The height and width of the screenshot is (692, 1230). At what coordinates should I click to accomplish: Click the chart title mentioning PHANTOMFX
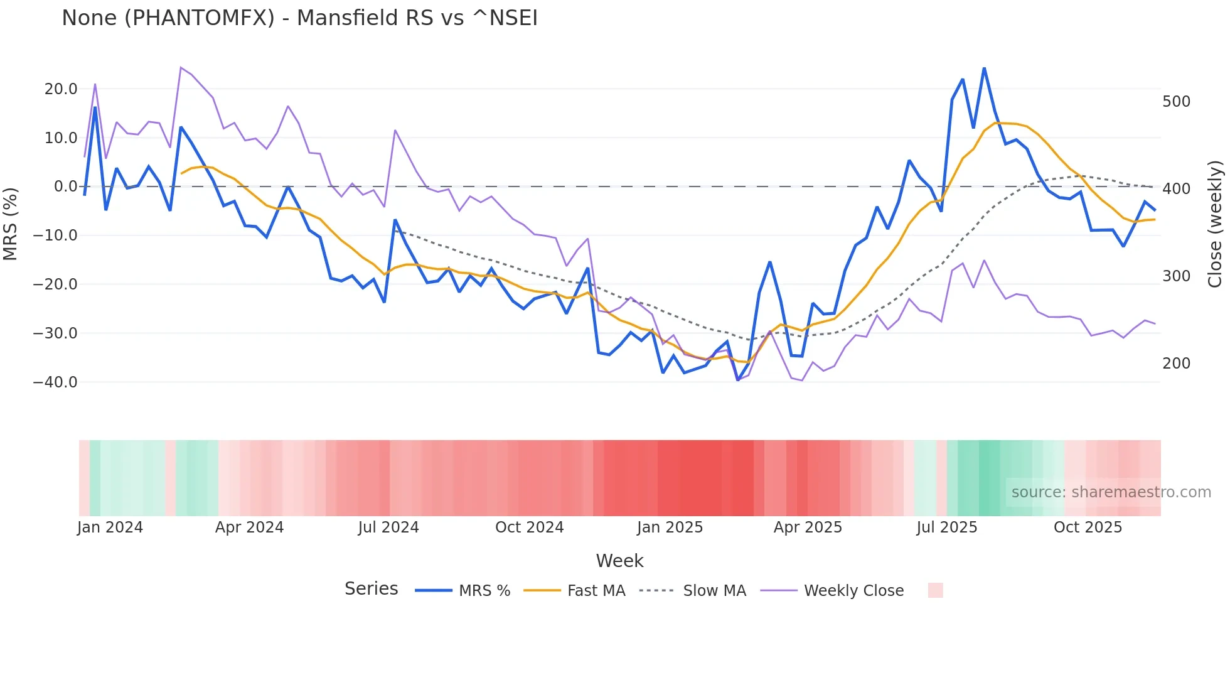[x=299, y=18]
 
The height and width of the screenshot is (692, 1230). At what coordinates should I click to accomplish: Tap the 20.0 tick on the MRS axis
[x=61, y=89]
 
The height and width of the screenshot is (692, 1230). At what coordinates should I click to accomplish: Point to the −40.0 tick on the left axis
[x=55, y=382]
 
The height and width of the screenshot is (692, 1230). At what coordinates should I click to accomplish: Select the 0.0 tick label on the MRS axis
[x=65, y=187]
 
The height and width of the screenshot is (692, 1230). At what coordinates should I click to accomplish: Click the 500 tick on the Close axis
[x=1176, y=102]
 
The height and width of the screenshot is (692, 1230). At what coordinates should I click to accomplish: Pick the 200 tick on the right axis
[x=1176, y=364]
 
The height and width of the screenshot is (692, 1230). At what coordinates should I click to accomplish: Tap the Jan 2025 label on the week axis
[x=670, y=527]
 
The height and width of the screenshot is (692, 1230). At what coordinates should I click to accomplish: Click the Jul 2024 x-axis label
[x=388, y=527]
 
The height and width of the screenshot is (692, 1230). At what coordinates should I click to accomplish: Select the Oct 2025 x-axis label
[x=1088, y=527]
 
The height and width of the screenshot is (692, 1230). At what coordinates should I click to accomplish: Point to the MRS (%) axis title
[x=11, y=224]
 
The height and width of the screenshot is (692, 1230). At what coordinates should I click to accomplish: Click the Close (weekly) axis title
[x=1215, y=224]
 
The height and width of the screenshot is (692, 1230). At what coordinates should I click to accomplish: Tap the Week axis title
[x=619, y=561]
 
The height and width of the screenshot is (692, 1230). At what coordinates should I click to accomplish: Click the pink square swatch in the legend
[x=935, y=590]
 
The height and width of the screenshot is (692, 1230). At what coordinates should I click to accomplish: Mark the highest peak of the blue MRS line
[x=984, y=68]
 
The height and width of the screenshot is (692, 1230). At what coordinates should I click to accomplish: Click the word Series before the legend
[x=371, y=589]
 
